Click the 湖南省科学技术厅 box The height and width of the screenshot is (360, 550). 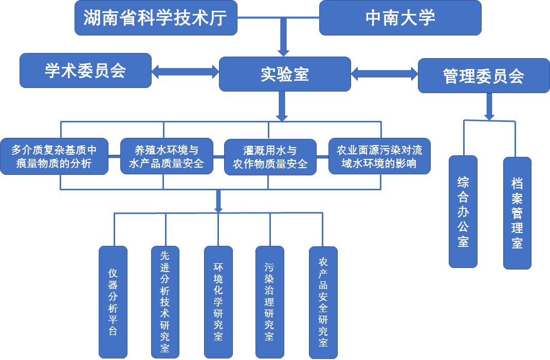(156, 18)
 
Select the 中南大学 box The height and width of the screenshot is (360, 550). (400, 18)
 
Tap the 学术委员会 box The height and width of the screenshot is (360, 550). (85, 70)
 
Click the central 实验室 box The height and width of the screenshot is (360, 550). (285, 74)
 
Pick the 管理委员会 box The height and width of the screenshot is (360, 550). (484, 76)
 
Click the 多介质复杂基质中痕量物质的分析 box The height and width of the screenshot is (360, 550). (54, 157)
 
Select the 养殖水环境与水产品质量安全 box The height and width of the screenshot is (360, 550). (167, 157)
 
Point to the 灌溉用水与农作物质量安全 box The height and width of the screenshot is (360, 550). (270, 157)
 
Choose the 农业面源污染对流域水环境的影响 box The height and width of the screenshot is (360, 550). (379, 157)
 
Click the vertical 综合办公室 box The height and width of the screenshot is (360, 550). (463, 211)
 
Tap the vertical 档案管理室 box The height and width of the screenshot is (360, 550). (517, 213)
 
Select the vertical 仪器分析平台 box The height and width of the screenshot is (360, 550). (113, 302)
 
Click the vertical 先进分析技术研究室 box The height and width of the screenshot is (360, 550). (165, 302)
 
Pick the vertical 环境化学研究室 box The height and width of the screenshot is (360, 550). (218, 302)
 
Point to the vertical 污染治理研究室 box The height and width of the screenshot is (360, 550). (270, 302)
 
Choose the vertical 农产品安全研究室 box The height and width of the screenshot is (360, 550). (323, 302)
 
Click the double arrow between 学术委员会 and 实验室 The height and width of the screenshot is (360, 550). (186, 71)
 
